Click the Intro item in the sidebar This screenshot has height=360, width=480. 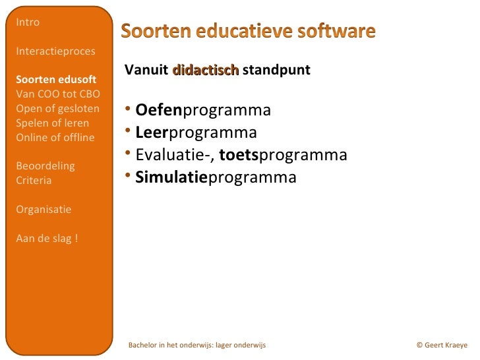[28, 22]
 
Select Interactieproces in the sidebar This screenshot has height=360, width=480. [55, 51]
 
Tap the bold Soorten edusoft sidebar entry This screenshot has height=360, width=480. [55, 80]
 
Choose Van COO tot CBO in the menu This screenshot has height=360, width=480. [57, 94]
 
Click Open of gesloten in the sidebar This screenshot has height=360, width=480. [57, 109]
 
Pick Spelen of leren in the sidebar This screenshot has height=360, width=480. [52, 123]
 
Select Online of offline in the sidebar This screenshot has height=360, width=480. [55, 138]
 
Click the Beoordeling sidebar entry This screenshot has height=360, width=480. [45, 166]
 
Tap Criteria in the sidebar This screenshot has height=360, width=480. [34, 181]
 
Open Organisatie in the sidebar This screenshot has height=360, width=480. [44, 210]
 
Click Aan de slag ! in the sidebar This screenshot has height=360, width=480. [46, 239]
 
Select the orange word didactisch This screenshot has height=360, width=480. [205, 70]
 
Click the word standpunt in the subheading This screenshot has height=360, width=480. [276, 70]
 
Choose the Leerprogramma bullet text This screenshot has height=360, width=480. [195, 133]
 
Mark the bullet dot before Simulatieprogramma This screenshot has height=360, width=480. [129, 177]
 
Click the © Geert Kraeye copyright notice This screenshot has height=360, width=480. [442, 345]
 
